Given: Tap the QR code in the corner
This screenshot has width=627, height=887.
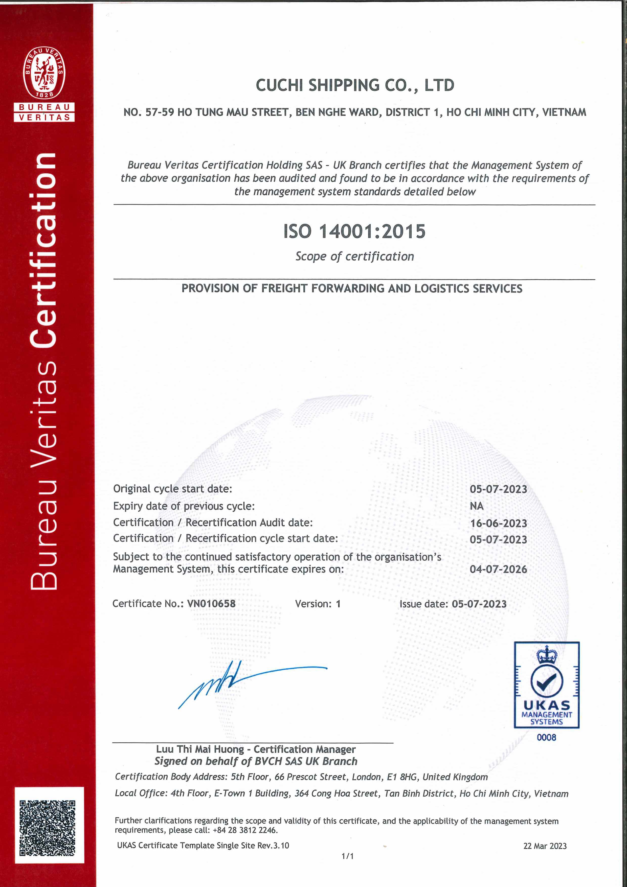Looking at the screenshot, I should [48, 828].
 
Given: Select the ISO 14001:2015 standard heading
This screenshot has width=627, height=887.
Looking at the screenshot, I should [354, 231].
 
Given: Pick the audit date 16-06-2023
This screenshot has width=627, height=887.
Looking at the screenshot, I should [498, 524].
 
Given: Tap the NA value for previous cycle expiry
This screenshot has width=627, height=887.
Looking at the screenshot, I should [477, 506].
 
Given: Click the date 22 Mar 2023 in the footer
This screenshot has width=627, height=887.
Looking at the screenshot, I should [545, 846].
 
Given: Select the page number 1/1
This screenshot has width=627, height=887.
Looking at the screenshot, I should [347, 856].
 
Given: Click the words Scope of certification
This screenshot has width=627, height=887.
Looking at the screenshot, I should [354, 257].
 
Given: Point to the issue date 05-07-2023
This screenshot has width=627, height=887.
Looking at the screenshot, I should [479, 604].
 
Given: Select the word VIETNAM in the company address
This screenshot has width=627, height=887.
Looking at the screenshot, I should [564, 112].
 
